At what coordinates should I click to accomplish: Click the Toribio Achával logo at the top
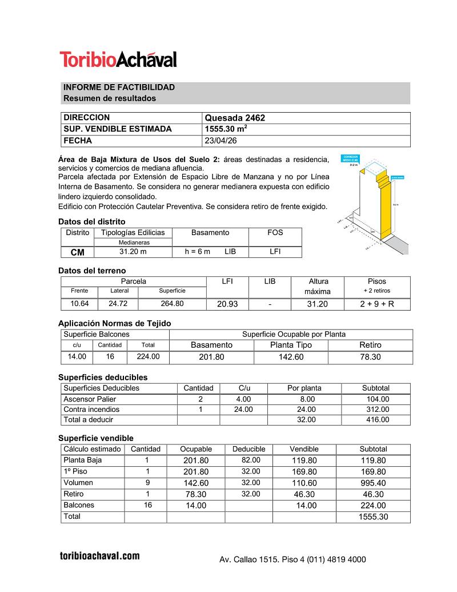(x=118, y=59)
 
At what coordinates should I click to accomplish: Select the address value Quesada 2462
(x=235, y=118)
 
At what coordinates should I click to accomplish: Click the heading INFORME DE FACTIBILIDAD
(x=119, y=88)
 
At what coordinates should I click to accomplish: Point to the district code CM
(x=77, y=252)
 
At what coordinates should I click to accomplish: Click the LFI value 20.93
(x=227, y=304)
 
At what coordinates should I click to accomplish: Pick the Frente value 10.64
(x=79, y=304)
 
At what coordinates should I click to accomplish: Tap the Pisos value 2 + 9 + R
(x=376, y=304)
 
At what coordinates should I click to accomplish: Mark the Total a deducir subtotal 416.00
(x=378, y=420)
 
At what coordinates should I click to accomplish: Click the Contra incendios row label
(x=91, y=410)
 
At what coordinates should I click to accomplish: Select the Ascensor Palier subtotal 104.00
(x=378, y=399)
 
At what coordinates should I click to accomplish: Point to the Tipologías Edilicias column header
(x=133, y=233)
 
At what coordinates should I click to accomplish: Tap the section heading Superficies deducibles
(x=103, y=378)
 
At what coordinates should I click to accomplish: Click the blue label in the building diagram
(x=350, y=158)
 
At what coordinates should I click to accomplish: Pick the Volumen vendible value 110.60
(x=304, y=483)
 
